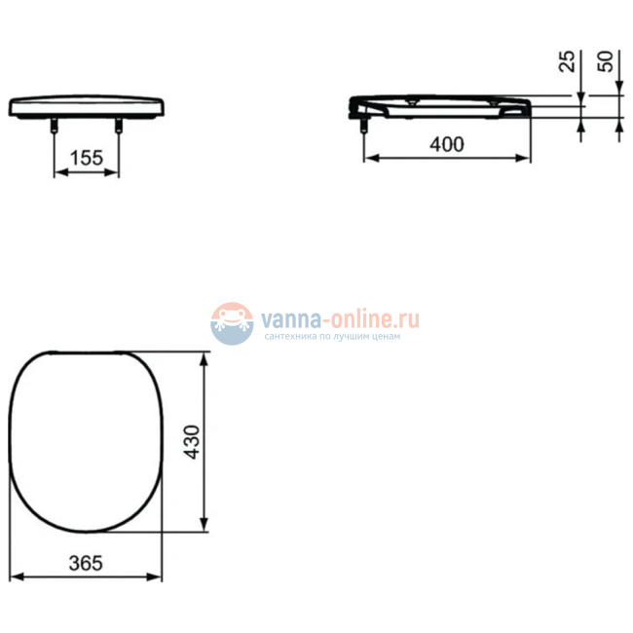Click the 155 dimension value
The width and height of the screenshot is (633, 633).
click(86, 158)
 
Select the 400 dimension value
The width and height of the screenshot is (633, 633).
click(446, 144)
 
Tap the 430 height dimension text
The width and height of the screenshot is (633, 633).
click(191, 443)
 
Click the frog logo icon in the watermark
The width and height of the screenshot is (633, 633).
click(232, 322)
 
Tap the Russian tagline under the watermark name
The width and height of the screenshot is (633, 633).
click(332, 337)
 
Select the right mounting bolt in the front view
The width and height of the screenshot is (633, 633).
click(120, 127)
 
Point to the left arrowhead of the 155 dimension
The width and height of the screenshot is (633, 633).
click(56, 173)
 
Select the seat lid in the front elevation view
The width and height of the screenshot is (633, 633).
click(86, 105)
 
